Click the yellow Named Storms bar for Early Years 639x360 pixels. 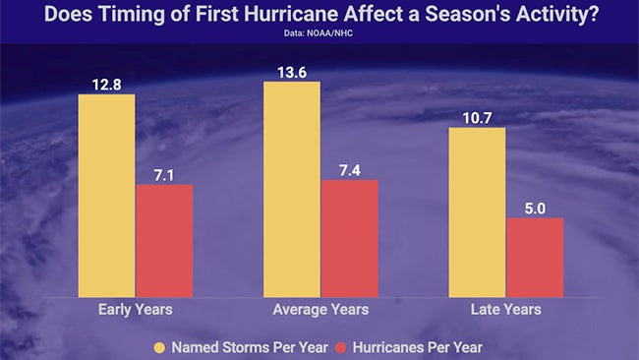tap(106, 196)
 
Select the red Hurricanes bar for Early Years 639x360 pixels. tap(164, 241)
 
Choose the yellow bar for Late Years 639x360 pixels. tap(477, 212)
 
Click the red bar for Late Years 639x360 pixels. tap(535, 258)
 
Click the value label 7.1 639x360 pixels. tap(164, 172)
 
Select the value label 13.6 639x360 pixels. tap(292, 69)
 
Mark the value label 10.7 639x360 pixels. tap(477, 115)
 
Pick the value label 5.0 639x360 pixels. tap(535, 206)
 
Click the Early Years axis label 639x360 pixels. tap(136, 310)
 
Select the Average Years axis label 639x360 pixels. tap(320, 310)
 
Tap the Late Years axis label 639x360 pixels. tap(505, 310)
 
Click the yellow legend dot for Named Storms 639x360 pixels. tap(160, 346)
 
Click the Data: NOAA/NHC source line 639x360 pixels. tap(319, 31)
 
